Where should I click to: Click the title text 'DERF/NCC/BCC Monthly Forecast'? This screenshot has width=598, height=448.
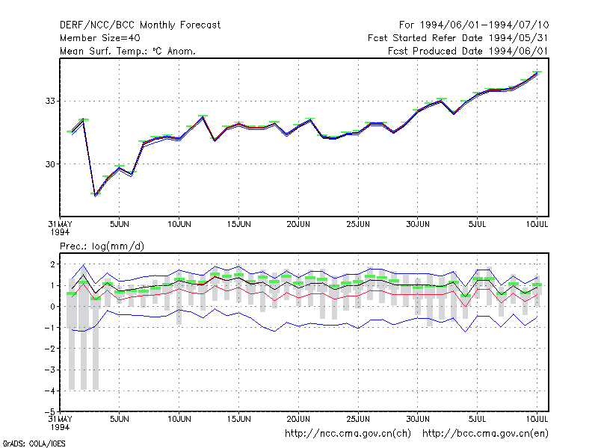(x=140, y=25)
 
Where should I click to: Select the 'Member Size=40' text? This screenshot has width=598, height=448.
(x=100, y=38)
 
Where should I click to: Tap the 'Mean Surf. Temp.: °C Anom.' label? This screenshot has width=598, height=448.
(x=127, y=51)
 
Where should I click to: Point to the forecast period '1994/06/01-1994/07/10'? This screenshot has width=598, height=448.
(x=484, y=25)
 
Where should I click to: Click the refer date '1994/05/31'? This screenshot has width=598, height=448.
(x=518, y=38)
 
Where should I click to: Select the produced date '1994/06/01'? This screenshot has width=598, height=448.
(x=518, y=51)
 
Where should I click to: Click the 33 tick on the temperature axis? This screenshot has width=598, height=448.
(x=50, y=101)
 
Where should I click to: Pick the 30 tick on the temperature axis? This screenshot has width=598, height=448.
(x=50, y=164)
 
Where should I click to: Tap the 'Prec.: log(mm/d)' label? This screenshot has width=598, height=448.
(x=102, y=246)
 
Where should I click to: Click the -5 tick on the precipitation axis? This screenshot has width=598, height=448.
(x=50, y=411)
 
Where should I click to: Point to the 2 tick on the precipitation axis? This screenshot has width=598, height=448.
(x=52, y=264)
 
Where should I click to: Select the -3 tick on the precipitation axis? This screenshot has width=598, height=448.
(x=50, y=370)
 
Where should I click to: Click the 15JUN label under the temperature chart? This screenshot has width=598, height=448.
(x=238, y=224)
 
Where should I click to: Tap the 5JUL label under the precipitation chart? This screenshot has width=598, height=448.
(x=477, y=419)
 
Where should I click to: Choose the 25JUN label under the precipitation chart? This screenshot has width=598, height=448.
(x=358, y=419)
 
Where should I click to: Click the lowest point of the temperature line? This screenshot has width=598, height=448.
(x=95, y=195)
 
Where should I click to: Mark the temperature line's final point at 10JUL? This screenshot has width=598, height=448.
(x=537, y=72)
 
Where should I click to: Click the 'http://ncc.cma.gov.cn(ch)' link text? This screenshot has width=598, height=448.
(x=348, y=434)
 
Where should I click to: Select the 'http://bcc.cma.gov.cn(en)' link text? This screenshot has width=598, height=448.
(x=485, y=434)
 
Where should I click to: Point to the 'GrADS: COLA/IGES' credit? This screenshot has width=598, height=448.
(x=34, y=444)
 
